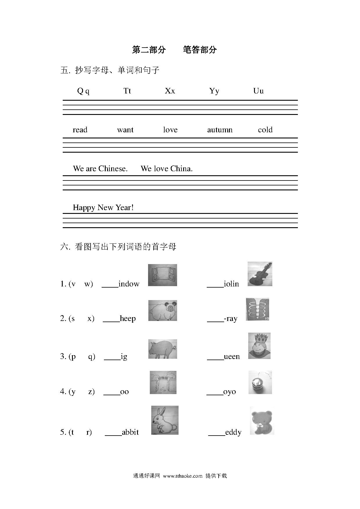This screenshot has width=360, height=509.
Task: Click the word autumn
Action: click(x=220, y=130)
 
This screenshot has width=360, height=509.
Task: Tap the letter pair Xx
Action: click(x=170, y=91)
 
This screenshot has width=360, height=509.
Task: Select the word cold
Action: click(x=265, y=130)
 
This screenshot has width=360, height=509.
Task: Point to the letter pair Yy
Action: click(x=214, y=91)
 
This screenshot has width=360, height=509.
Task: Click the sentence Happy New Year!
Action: click(x=103, y=207)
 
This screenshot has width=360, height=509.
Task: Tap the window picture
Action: click(x=162, y=275)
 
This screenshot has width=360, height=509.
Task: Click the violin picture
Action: click(x=260, y=274)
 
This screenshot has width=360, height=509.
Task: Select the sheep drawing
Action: click(x=163, y=311)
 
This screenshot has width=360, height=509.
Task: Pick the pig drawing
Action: click(x=163, y=349)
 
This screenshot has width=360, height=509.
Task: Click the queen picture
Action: click(x=259, y=346)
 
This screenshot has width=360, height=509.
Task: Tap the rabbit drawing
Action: click(x=165, y=420)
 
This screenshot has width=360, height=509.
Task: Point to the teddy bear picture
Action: click(x=262, y=420)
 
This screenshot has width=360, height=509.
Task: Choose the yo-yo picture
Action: click(x=260, y=382)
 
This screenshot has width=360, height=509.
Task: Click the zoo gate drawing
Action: click(x=163, y=382)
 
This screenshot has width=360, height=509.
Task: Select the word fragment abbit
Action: click(x=130, y=432)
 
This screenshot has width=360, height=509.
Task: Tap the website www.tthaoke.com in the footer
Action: click(x=183, y=476)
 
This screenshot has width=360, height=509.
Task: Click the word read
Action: click(x=80, y=130)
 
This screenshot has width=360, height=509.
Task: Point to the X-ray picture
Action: click(x=258, y=309)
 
